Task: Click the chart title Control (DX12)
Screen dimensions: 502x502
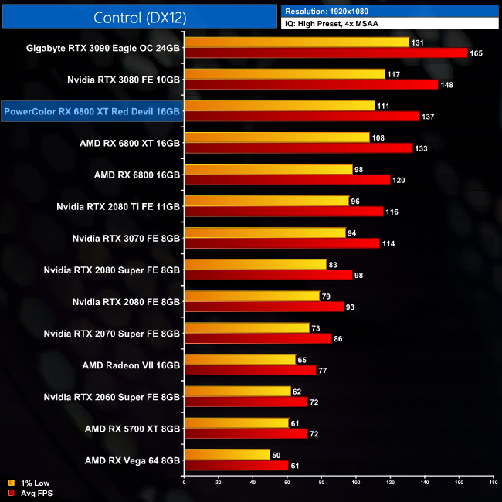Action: tap(140, 18)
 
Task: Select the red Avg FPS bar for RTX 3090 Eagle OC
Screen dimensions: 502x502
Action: tap(325, 53)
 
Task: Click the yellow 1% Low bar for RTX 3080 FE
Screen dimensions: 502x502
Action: tap(283, 74)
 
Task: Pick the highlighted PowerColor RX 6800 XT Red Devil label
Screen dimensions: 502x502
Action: tap(92, 111)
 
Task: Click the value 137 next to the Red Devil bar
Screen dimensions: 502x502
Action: tap(430, 117)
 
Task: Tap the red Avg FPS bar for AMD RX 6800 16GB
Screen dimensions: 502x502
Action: tap(287, 180)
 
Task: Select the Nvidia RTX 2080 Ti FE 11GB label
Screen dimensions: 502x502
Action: tap(118, 206)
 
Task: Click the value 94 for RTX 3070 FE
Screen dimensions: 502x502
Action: tap(355, 232)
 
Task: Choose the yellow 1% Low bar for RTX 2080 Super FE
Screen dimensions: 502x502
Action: tap(255, 264)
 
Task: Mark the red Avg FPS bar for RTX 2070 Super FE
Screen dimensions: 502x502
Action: tap(257, 338)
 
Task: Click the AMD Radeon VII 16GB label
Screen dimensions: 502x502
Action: tap(131, 365)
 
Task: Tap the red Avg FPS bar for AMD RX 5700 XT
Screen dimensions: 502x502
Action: tap(246, 433)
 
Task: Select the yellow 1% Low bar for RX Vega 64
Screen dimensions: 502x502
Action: tap(226, 455)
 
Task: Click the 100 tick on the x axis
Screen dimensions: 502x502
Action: tap(356, 483)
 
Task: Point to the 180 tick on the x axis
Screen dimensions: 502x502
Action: tap(493, 483)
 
